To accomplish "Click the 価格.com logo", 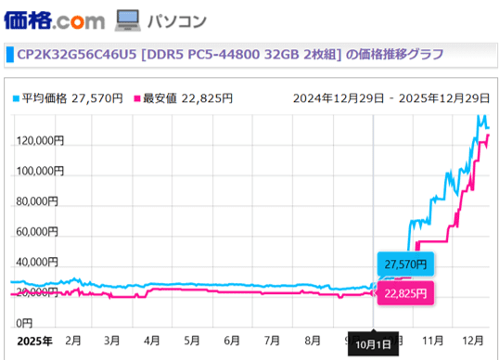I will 54,19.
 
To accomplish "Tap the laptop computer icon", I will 127,19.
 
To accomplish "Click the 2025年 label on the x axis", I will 33,341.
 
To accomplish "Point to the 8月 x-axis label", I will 313,341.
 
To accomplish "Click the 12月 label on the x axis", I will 472,341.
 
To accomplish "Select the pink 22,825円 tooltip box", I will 404,293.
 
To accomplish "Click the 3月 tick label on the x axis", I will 112,341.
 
